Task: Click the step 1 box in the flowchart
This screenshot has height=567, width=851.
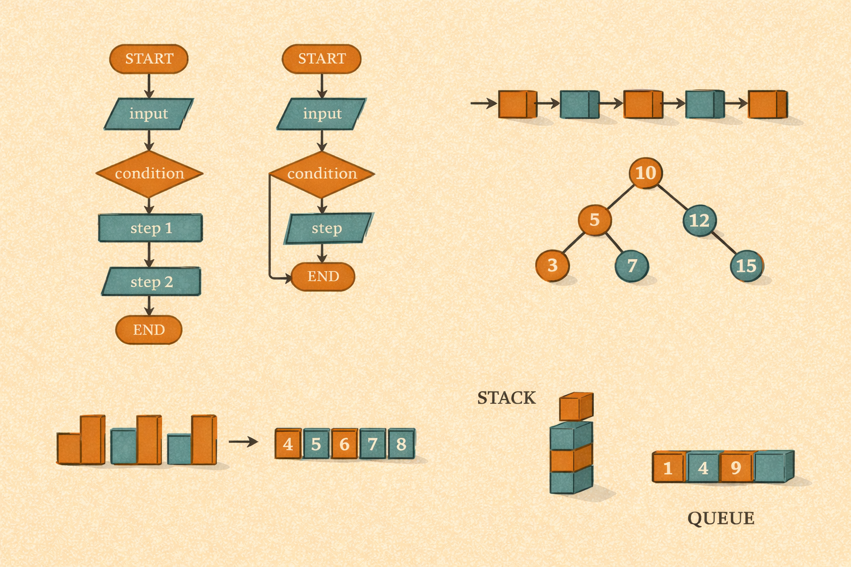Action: click(150, 228)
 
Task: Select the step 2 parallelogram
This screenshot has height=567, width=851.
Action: click(151, 282)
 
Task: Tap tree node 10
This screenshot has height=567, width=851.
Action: click(645, 173)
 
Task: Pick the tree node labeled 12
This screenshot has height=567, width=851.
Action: click(699, 220)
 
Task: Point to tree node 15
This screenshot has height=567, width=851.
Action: click(746, 266)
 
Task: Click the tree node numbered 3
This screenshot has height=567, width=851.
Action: click(552, 265)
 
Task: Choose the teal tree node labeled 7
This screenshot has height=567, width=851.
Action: click(632, 266)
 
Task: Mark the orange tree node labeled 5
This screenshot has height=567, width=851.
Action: click(594, 220)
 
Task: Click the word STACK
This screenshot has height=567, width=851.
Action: click(506, 398)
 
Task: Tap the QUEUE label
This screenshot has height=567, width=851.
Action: click(721, 518)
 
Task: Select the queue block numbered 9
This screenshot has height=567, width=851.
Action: click(736, 468)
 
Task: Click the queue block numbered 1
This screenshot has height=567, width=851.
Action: click(668, 468)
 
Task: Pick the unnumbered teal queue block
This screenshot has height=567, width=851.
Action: click(773, 467)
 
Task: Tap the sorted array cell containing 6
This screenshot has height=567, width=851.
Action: click(345, 444)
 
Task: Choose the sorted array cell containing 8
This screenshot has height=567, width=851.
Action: click(402, 444)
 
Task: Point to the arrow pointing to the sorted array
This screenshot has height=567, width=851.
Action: click(243, 441)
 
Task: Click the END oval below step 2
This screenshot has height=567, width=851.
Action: click(148, 330)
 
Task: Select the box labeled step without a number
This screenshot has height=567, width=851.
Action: click(327, 228)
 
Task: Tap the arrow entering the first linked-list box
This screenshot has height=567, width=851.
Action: click(483, 103)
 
